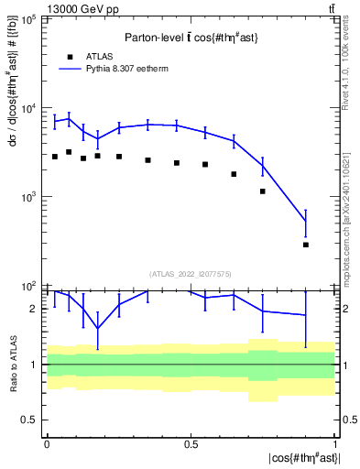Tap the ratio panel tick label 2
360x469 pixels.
(x=34, y=309)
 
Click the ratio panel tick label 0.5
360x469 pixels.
(x=30, y=420)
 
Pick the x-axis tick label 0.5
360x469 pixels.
(x=191, y=444)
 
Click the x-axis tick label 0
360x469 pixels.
(x=46, y=444)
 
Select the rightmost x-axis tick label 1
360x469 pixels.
(x=334, y=444)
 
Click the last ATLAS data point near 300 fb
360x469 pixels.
(x=306, y=245)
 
